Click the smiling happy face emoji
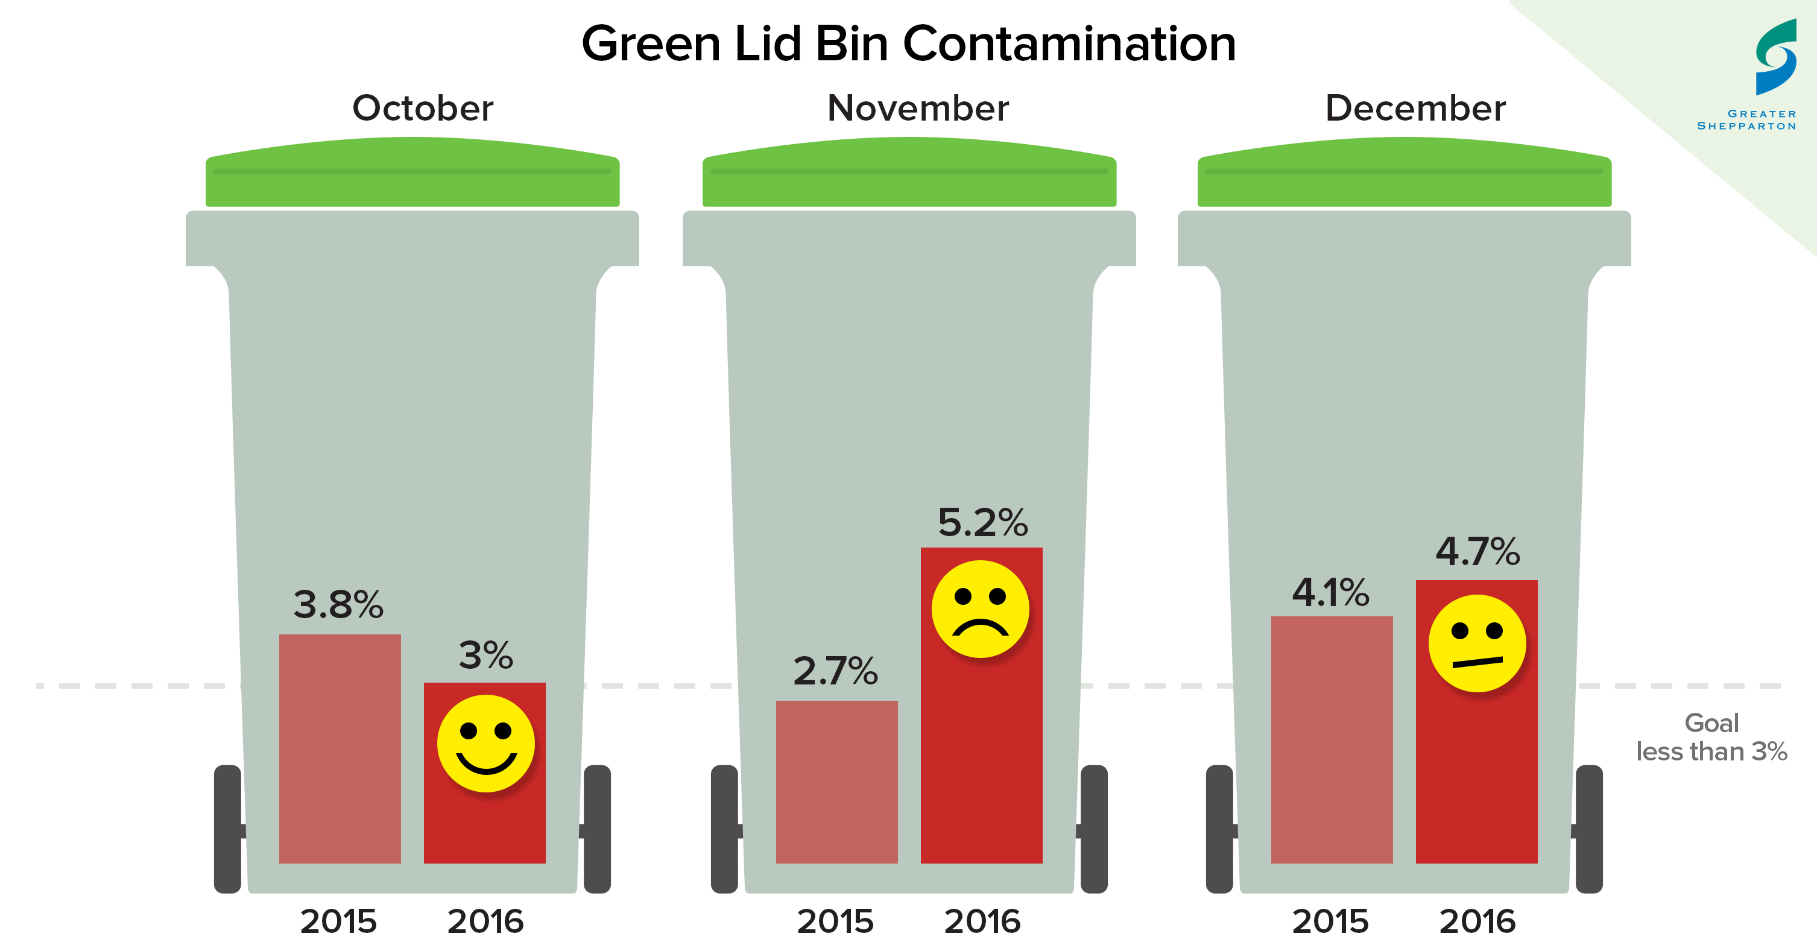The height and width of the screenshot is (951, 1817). click(486, 743)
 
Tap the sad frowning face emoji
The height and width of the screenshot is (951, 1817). click(980, 609)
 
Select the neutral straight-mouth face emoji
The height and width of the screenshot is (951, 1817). click(1476, 643)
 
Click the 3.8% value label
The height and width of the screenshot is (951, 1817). click(338, 605)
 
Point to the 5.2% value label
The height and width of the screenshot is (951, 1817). click(982, 523)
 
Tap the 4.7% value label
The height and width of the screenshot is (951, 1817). click(1477, 551)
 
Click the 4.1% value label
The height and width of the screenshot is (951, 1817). click(1330, 592)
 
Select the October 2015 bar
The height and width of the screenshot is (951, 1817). click(340, 748)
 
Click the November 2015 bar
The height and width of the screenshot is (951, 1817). click(836, 781)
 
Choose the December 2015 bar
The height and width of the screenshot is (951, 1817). click(1332, 739)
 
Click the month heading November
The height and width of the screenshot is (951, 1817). click(918, 108)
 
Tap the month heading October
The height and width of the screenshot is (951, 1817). click(423, 108)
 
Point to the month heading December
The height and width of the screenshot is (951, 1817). click(1415, 108)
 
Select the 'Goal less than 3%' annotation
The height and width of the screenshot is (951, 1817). click(1711, 738)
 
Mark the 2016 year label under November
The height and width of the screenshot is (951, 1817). click(982, 921)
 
